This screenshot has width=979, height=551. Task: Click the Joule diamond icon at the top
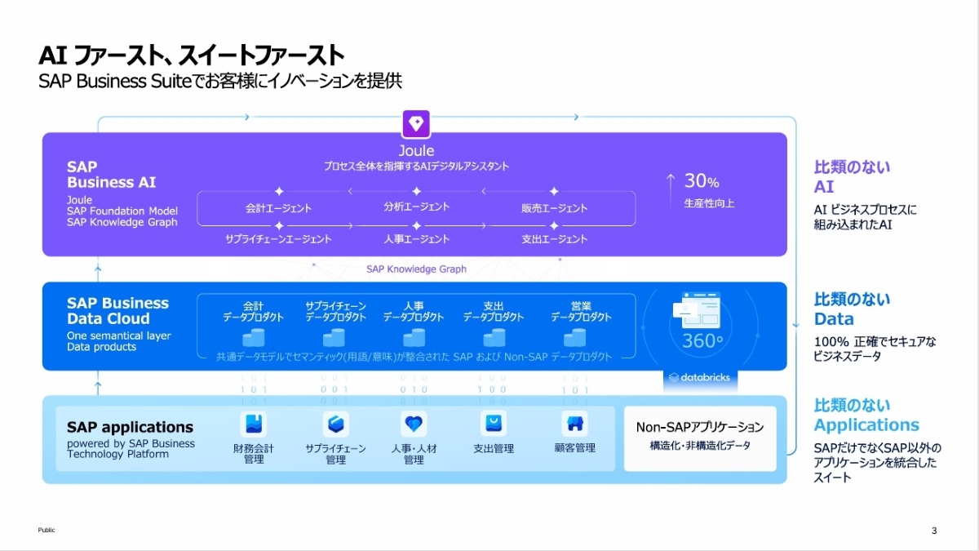click(416, 124)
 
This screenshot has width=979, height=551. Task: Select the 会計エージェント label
click(278, 208)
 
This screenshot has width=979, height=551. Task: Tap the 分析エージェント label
click(416, 207)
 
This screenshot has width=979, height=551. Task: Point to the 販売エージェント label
click(554, 208)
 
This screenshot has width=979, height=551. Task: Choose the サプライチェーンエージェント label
click(278, 239)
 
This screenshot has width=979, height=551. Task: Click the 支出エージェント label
click(554, 239)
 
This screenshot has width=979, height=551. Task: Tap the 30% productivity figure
click(701, 181)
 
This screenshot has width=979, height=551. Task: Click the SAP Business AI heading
click(111, 175)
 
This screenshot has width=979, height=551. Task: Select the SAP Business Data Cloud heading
click(117, 311)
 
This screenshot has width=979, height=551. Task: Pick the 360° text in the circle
click(698, 341)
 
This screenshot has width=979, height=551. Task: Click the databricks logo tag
click(699, 378)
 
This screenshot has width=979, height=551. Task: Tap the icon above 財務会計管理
click(254, 424)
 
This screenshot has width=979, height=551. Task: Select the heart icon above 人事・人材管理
click(414, 424)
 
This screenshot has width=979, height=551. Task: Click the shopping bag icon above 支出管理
click(494, 424)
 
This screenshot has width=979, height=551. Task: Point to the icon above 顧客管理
click(574, 424)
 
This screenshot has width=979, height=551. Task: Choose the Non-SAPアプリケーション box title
click(700, 427)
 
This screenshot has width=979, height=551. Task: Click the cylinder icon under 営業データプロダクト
click(574, 337)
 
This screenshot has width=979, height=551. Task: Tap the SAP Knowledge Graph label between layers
click(416, 269)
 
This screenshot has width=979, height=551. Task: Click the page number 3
click(934, 531)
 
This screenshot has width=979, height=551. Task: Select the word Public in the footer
click(47, 531)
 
